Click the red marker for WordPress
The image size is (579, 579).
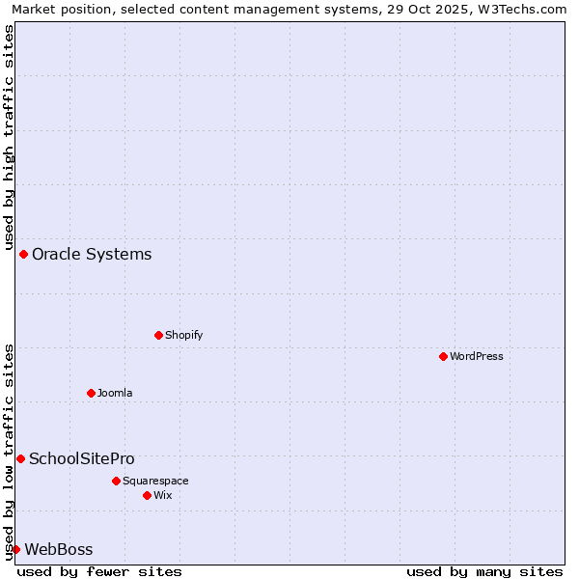point(443,356)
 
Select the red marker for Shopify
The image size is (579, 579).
point(158,335)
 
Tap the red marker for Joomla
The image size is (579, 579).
point(91,393)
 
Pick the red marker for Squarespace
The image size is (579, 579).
point(116,481)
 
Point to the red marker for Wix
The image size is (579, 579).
point(147,495)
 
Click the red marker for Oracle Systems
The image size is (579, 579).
point(23,254)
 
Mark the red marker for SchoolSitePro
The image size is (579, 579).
point(20,458)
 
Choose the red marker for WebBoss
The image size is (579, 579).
point(15,549)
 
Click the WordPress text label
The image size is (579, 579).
point(477,356)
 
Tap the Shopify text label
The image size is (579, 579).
point(183,335)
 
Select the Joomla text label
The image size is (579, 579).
point(115,393)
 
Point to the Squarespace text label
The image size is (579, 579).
point(155,481)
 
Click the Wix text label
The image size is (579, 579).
point(162,495)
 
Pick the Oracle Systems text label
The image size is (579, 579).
point(92,254)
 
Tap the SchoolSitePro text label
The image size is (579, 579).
point(82,458)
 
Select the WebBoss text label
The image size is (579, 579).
point(59,549)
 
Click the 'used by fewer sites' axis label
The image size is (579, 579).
point(99,571)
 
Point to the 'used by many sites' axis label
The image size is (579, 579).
point(484,571)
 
